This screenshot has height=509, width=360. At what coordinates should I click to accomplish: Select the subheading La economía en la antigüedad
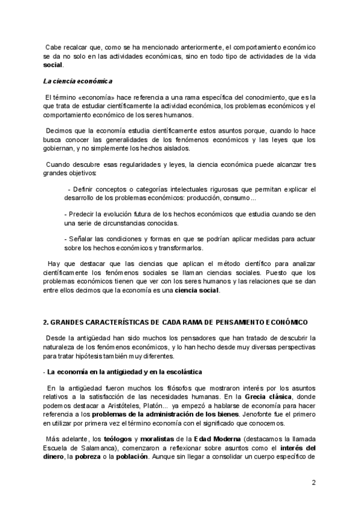coord(93,372)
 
